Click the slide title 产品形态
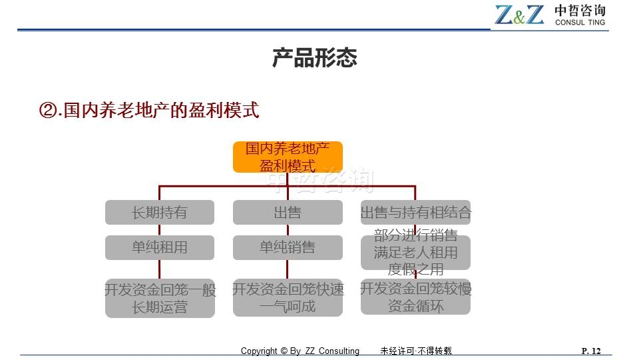(315, 57)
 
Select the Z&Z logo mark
(519, 15)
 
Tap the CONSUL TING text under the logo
(580, 23)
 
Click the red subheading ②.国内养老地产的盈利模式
(149, 110)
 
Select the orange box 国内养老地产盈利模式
(288, 157)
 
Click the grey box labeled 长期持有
(160, 212)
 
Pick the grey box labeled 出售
(288, 212)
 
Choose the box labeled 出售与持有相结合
(415, 212)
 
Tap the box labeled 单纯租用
(160, 247)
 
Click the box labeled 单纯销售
(288, 247)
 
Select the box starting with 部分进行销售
(415, 252)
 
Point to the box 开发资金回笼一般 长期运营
(160, 299)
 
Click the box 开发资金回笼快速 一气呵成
(288, 297)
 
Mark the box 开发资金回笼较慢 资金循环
(415, 297)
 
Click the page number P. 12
(591, 351)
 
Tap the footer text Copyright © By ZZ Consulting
(300, 351)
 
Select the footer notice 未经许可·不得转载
(416, 351)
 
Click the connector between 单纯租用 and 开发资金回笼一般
(159, 270)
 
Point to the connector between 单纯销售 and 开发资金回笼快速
(288, 269)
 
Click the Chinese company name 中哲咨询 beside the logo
(580, 11)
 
